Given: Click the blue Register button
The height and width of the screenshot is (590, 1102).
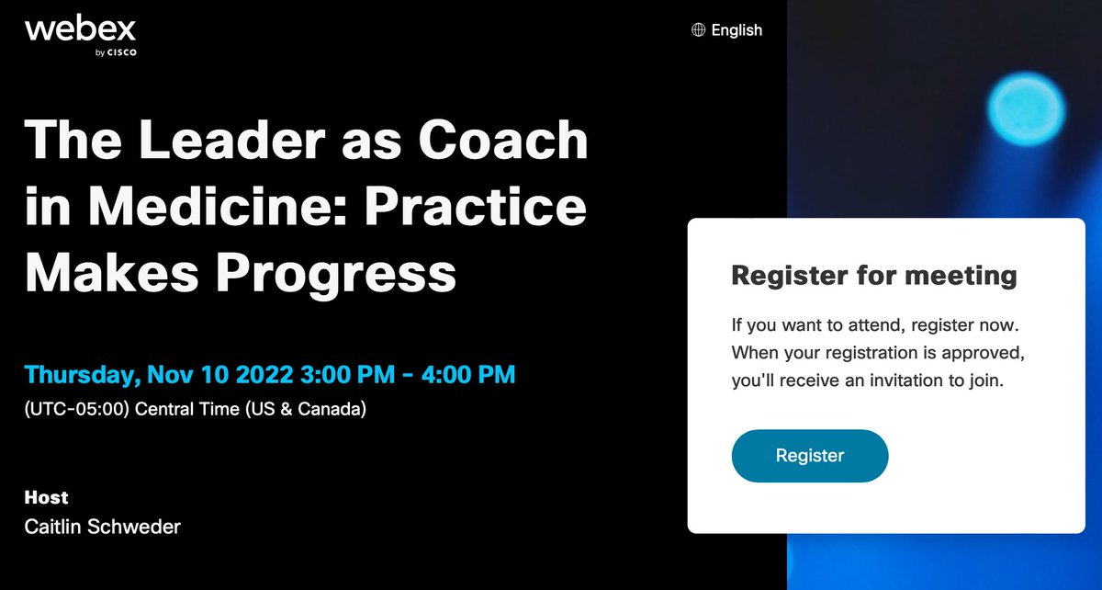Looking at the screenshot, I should point(809,456).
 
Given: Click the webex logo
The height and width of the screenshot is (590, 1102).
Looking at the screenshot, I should point(81,36).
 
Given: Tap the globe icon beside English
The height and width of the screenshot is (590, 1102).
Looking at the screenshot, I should point(699,30).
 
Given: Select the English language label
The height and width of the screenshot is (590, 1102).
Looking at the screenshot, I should point(737,30).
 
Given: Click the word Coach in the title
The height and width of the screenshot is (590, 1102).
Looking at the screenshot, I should point(502,141).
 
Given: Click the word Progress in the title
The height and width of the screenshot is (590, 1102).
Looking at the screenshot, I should point(339,272).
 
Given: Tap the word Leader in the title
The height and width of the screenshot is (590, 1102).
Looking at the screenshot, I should point(216,141).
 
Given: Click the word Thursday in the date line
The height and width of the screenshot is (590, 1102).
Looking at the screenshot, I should point(81,375).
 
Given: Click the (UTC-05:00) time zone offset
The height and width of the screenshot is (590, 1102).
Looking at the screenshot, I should point(77,409).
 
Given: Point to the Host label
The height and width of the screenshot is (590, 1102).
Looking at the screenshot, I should point(47,497).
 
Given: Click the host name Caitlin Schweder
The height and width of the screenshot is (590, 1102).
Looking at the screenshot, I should point(103,527).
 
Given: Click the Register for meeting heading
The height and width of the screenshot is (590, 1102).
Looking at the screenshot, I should point(873,275).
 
